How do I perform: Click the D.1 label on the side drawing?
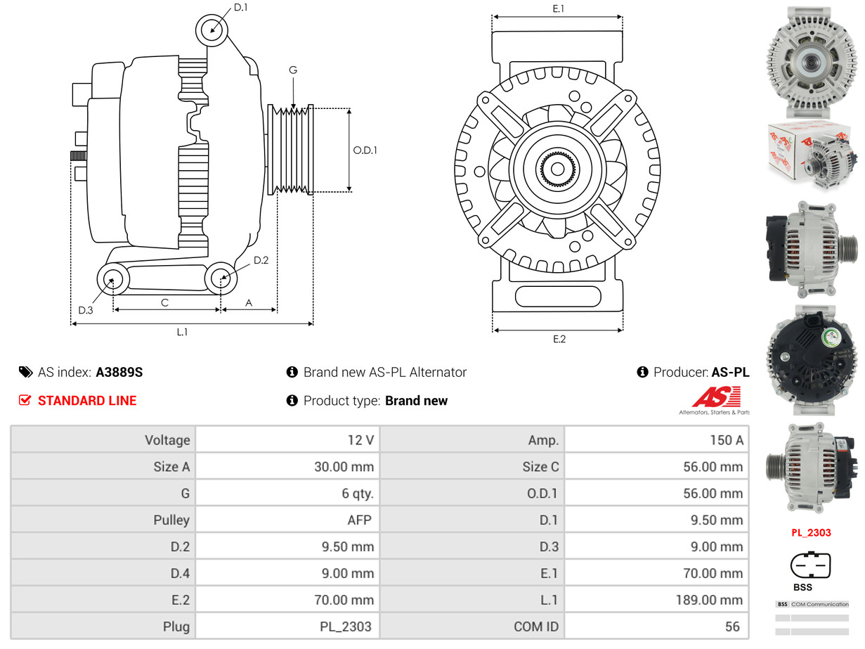click(240, 8)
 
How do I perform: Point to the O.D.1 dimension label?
click(365, 150)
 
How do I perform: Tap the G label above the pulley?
click(293, 70)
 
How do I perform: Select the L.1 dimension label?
click(182, 332)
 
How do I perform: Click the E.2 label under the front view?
click(559, 339)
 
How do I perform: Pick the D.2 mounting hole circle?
click(221, 278)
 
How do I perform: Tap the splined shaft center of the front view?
click(557, 169)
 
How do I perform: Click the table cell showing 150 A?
click(725, 440)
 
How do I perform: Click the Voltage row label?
click(167, 440)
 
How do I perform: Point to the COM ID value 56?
click(732, 626)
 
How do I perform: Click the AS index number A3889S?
click(119, 372)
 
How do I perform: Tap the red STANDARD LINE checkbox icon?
click(25, 400)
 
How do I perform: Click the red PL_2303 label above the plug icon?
click(811, 532)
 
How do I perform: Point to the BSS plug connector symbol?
click(810, 565)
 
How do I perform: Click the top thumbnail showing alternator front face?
click(812, 62)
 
